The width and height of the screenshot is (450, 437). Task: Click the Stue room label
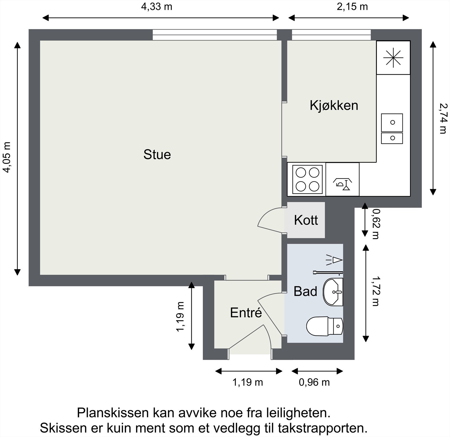click(157, 155)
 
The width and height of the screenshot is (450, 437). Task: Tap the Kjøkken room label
click(334, 105)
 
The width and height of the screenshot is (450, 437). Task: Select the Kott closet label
click(306, 220)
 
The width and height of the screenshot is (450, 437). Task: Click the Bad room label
click(305, 291)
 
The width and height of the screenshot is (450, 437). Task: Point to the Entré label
click(246, 313)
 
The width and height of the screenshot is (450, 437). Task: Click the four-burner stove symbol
click(307, 179)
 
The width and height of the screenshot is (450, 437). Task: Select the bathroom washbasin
click(333, 292)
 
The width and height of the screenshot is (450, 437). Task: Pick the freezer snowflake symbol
click(393, 58)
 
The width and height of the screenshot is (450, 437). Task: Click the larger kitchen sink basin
click(392, 123)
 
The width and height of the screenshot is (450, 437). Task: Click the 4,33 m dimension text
click(156, 7)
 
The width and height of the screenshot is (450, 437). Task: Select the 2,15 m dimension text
click(352, 7)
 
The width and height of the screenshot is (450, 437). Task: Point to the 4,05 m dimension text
click(7, 157)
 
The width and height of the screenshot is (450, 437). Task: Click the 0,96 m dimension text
click(314, 382)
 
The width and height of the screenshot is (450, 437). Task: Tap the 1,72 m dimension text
click(375, 291)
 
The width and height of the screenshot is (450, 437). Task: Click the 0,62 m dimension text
click(375, 224)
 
